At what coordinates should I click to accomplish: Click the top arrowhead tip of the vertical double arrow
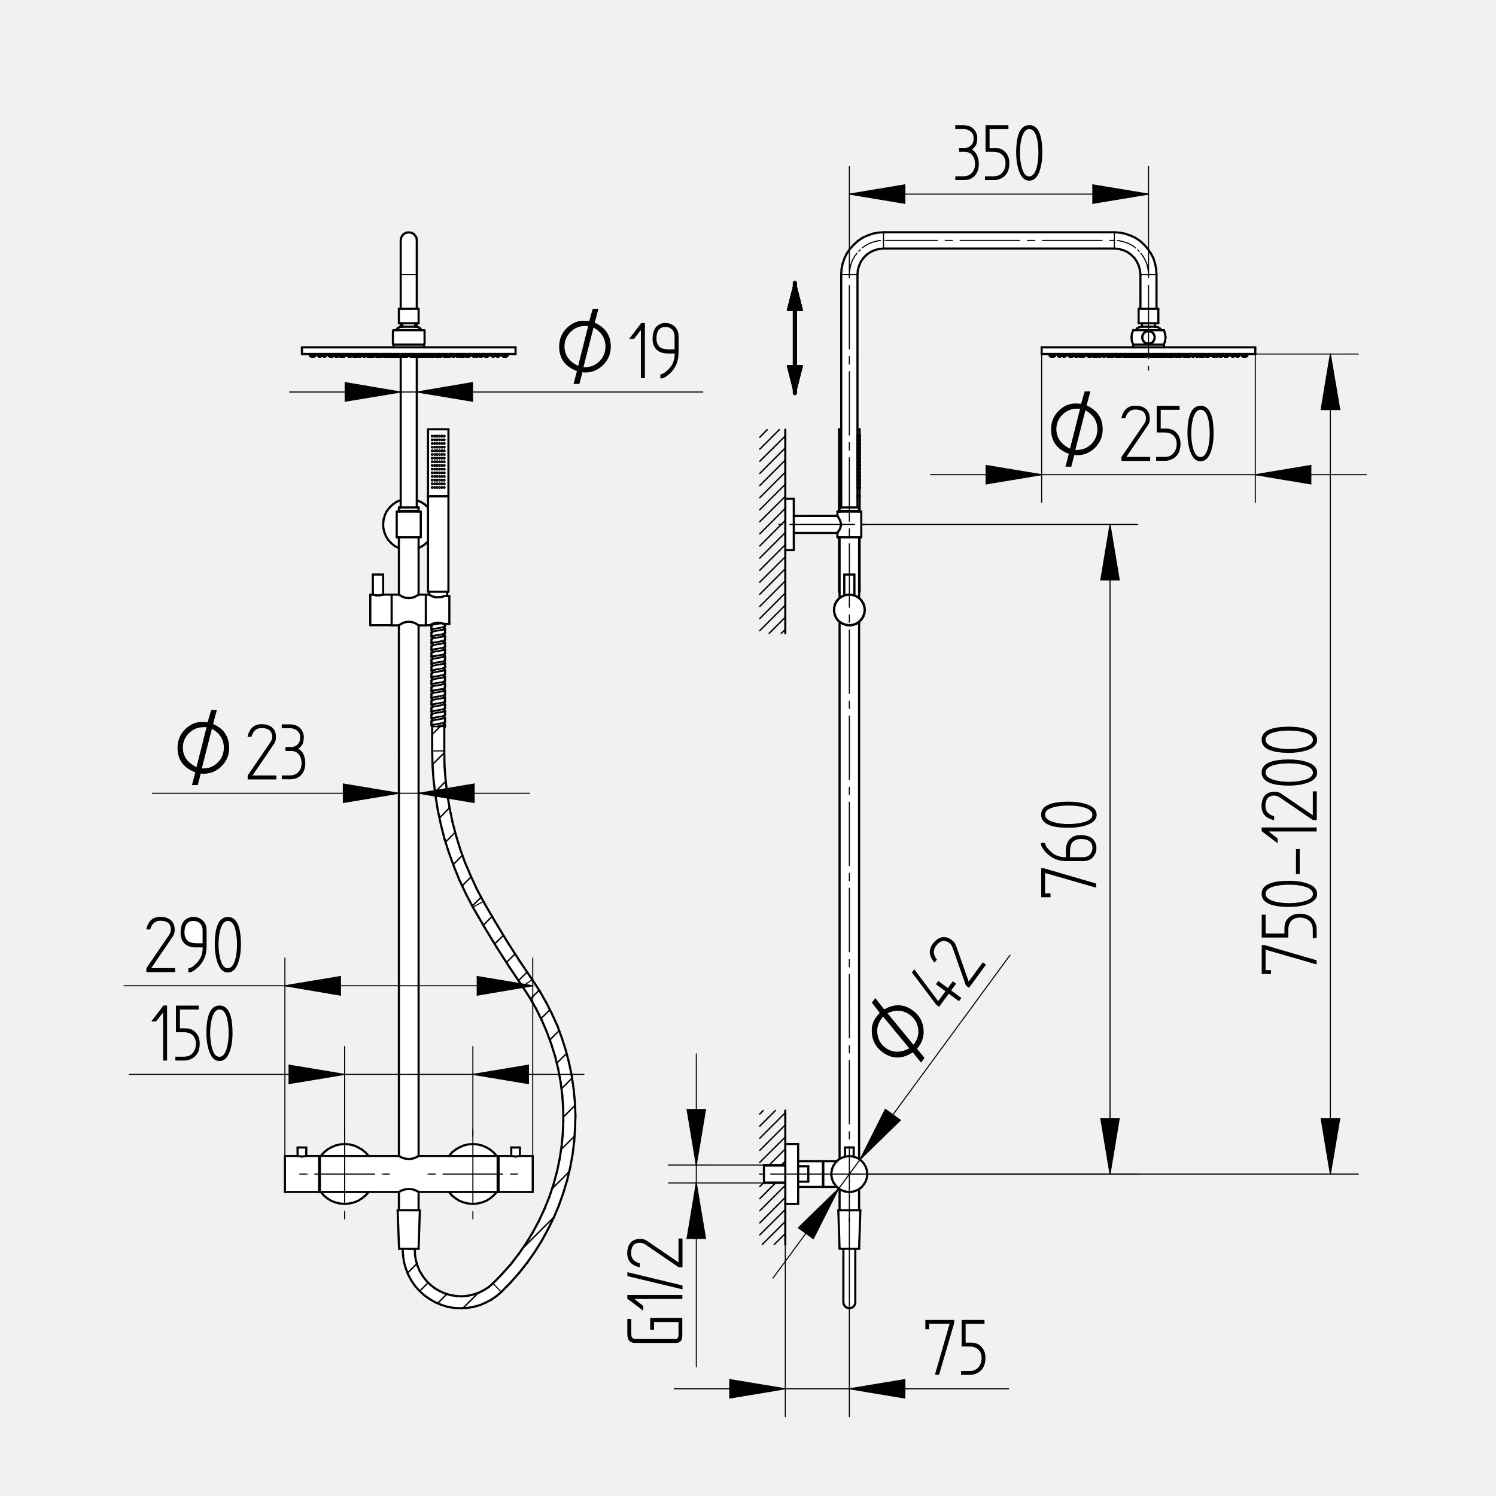tap(795, 282)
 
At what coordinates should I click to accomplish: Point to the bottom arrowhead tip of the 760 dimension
tap(1111, 1174)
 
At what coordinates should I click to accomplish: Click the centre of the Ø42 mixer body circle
tap(850, 1174)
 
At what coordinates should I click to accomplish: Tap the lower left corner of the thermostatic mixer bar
tap(285, 1191)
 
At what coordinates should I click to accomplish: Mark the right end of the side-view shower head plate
tap(1255, 351)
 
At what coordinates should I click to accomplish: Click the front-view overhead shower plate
tap(408, 351)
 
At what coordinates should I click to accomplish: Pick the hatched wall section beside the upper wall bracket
tap(772, 531)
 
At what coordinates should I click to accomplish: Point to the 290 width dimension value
tap(193, 945)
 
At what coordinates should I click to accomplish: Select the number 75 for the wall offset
tap(956, 1348)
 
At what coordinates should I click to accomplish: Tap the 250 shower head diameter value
tap(1167, 434)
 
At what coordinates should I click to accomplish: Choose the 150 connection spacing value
tap(193, 1033)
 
